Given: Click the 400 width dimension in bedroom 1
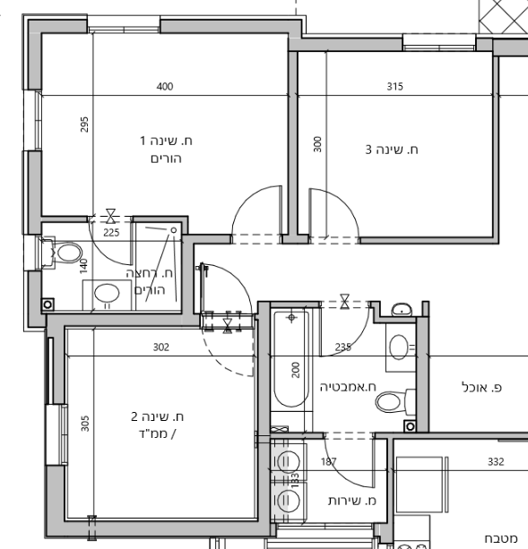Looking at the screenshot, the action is (165, 86).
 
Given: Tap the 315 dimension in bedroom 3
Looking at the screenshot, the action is (394, 86).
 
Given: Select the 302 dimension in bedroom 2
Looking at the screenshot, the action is (161, 347).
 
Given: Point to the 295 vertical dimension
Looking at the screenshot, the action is (84, 124).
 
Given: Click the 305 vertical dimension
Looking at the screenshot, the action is (85, 424).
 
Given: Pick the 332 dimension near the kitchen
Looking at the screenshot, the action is (496, 462).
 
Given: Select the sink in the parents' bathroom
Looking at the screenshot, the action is (107, 294).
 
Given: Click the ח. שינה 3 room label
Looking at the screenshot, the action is (392, 150).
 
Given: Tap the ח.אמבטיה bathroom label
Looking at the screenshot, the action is (348, 387).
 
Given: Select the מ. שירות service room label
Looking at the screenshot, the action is (352, 501).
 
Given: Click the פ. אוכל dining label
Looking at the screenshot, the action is (481, 388).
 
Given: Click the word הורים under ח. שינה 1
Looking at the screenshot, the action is (166, 159).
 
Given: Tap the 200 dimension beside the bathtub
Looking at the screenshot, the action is (296, 370).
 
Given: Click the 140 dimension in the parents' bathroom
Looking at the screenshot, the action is (83, 266).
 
